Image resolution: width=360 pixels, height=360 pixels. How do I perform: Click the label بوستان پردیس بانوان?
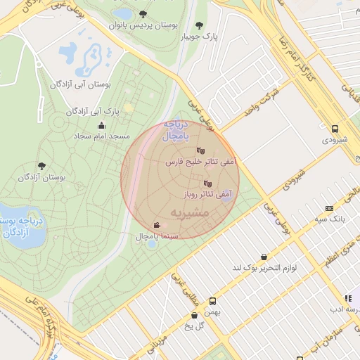pyautogui.click(x=143, y=25)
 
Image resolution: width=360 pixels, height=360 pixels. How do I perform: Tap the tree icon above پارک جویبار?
pyautogui.click(x=198, y=25)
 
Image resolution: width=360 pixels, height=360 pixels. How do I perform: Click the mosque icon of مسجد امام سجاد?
pyautogui.click(x=101, y=125)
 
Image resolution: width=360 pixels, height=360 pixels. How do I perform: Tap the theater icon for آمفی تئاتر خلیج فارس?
pyautogui.click(x=200, y=150)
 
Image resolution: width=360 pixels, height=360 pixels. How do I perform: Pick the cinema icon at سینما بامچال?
pyautogui.click(x=156, y=226)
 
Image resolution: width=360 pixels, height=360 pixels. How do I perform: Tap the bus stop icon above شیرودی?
pyautogui.click(x=335, y=129)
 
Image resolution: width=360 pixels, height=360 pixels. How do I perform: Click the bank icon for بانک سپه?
pyautogui.click(x=329, y=209)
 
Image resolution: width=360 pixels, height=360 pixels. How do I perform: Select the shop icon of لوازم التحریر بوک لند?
pyautogui.click(x=263, y=257)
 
